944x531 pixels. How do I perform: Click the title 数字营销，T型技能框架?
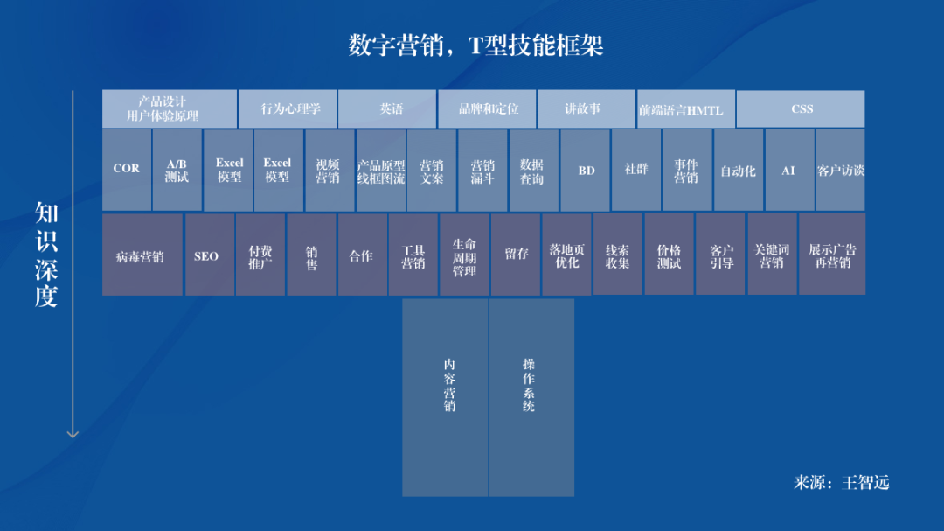pos(475,45)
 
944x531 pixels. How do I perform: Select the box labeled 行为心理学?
pos(288,109)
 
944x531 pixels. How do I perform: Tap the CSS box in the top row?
pos(801,109)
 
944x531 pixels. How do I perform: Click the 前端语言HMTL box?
pos(686,109)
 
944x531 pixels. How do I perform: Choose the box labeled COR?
pos(127,170)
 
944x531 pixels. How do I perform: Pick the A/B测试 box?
pos(177,170)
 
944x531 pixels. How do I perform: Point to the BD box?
pos(585,170)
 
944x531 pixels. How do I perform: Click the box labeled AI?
pos(789,170)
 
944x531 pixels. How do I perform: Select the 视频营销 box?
pos(330,170)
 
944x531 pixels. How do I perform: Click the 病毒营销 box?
pos(142,255)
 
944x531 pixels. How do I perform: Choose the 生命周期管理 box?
pos(464,255)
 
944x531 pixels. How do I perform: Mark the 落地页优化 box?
pos(566,255)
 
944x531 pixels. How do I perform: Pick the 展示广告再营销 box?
pos(832,255)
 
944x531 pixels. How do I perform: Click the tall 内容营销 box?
pos(445,398)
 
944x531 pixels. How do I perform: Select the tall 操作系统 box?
pos(531,398)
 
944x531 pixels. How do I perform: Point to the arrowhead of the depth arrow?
pos(73,437)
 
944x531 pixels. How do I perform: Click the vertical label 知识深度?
pos(46,255)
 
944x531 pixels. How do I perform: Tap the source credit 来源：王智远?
pos(841,482)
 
